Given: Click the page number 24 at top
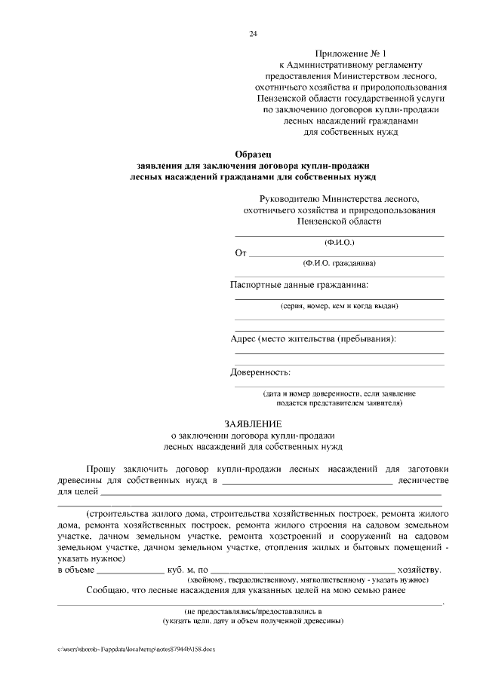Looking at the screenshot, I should coord(253,33).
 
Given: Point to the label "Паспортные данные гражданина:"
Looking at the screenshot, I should coord(300,285).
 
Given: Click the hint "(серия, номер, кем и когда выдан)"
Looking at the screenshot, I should coord(339,306).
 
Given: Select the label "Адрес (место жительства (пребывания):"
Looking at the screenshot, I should coord(312,339).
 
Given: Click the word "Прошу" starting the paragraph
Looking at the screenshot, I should coord(102,468).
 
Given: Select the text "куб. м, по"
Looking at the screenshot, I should coord(186,570).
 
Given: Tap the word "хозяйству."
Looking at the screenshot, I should coord(420,570).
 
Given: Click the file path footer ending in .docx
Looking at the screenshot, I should coord(137,650).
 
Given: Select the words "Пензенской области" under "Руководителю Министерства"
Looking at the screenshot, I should coord(339,222).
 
